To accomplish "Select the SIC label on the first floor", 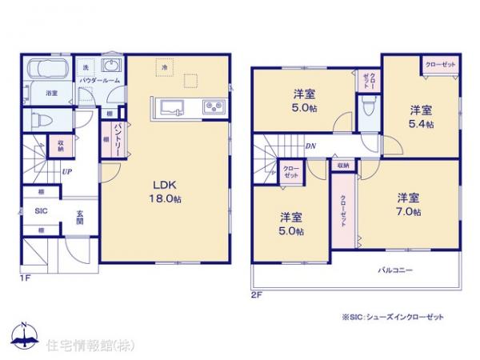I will [41, 211].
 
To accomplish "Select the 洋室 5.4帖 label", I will [421, 117].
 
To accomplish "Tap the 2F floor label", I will [256, 294].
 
